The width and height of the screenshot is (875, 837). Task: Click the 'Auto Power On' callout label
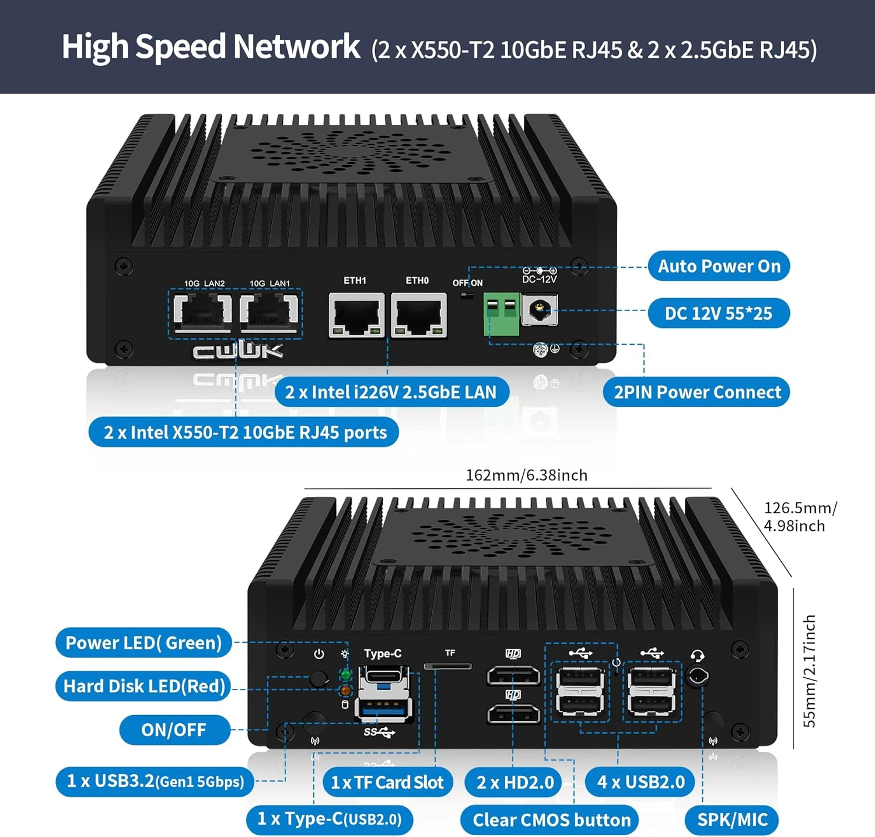(719, 267)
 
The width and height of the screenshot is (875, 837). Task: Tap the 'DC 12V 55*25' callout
(718, 314)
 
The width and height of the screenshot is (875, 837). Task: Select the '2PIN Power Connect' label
(696, 393)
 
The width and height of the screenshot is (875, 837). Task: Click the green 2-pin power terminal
(501, 314)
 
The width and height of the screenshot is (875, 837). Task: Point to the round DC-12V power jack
(540, 310)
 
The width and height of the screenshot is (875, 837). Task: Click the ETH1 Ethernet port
(356, 315)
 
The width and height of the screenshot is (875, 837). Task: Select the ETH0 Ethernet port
(419, 315)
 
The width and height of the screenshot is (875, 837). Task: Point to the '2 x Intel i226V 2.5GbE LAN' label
(391, 393)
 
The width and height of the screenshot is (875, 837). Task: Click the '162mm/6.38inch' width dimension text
(526, 475)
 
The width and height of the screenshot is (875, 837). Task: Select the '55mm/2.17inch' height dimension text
(810, 671)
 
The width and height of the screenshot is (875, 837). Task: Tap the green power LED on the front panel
(345, 675)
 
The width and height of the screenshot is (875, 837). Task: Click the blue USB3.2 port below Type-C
(384, 708)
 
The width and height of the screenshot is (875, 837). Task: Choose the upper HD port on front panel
(513, 675)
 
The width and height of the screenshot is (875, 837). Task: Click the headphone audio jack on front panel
(697, 677)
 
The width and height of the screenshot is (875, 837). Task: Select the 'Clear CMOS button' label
(551, 820)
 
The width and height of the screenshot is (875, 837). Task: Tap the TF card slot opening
(448, 666)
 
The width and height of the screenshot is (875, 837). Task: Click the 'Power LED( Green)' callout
(143, 643)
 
